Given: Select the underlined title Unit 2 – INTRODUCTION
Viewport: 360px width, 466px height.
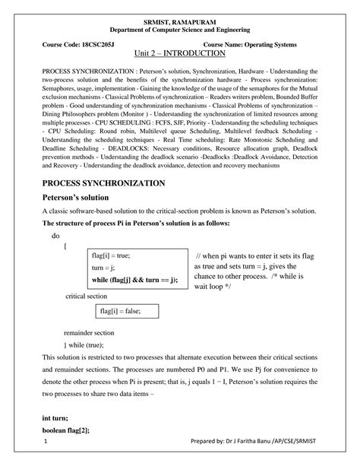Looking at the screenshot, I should [179, 55].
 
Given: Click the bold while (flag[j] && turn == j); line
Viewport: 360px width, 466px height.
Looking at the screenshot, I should [134, 280].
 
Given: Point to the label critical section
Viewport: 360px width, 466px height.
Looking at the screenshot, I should [87, 295].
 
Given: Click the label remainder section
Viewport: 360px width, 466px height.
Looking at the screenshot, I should [89, 333].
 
